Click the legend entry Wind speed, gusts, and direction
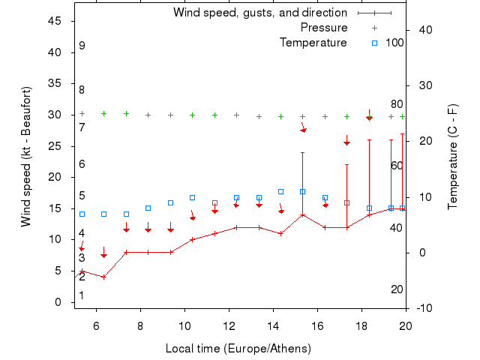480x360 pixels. point(259,13)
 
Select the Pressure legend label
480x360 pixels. point(324,28)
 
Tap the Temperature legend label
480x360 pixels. point(313,43)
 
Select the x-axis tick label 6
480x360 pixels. point(96,325)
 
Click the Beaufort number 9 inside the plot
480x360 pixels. point(82,46)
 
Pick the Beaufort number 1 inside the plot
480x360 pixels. point(82,295)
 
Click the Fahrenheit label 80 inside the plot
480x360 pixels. point(397,104)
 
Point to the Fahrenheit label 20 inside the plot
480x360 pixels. point(397,289)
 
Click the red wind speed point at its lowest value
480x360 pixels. point(103,277)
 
